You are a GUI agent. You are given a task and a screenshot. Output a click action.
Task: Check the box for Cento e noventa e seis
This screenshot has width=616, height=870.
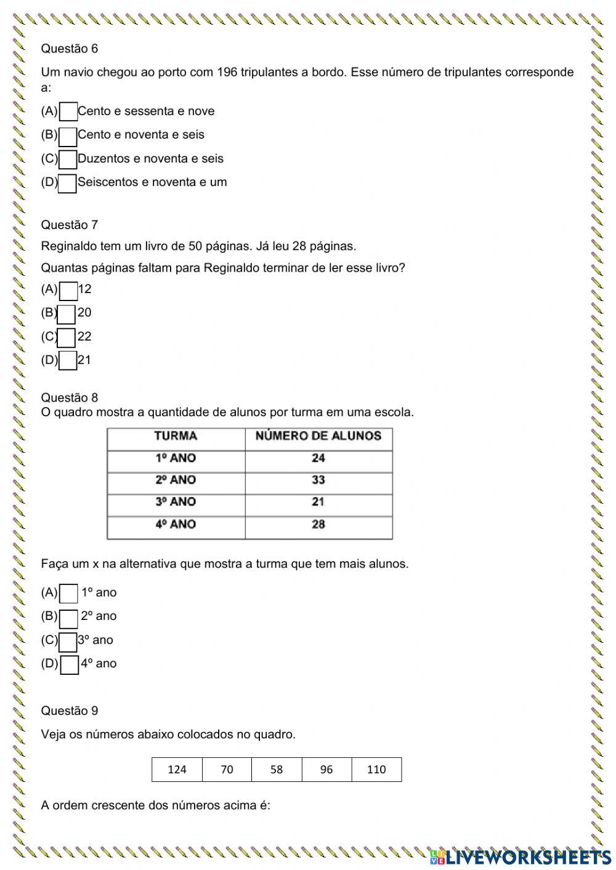(x=68, y=136)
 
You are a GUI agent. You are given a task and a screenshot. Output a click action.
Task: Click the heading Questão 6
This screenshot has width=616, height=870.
(x=69, y=49)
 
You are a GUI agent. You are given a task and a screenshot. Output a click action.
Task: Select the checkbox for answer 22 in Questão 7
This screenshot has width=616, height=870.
(x=67, y=337)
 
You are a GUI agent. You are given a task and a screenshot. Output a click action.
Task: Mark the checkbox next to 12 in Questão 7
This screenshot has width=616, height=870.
(x=68, y=291)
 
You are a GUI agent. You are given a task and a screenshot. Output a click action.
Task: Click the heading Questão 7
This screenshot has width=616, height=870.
(x=69, y=225)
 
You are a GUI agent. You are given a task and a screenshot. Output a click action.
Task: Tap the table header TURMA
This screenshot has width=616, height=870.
(x=176, y=437)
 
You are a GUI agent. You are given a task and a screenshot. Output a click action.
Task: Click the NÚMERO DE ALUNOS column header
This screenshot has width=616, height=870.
(x=318, y=437)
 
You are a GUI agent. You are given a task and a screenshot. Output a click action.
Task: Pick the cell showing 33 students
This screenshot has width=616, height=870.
(x=318, y=480)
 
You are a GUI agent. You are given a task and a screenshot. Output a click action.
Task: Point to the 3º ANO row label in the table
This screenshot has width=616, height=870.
(x=176, y=502)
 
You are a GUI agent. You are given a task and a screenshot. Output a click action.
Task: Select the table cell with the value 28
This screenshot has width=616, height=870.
(x=318, y=525)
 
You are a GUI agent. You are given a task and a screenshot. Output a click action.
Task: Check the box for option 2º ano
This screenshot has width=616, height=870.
(x=69, y=618)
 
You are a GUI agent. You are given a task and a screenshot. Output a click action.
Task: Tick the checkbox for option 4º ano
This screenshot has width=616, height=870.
(x=70, y=665)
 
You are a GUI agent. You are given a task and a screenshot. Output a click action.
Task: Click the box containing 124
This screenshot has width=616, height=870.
(x=177, y=770)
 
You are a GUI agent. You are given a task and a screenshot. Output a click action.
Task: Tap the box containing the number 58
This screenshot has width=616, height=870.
(x=277, y=770)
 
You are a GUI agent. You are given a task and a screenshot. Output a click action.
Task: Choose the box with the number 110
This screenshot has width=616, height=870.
(x=376, y=770)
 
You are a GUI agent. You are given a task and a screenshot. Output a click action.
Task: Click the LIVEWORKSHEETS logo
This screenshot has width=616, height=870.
(x=521, y=856)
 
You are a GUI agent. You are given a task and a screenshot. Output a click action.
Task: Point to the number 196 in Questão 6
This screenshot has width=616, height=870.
(x=227, y=73)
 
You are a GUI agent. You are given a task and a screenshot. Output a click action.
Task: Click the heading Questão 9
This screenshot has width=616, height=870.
(x=69, y=711)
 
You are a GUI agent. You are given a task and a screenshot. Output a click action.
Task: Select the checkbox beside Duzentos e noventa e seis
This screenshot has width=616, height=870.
(x=68, y=159)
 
